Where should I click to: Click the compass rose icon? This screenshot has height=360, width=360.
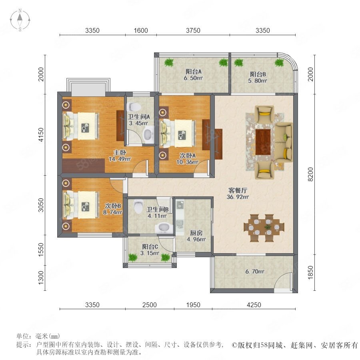(x=20, y=20)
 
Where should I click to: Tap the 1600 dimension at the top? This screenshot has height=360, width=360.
(x=141, y=30)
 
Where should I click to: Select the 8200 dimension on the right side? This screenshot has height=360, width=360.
(x=310, y=174)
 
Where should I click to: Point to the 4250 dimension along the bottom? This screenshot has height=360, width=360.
(x=254, y=305)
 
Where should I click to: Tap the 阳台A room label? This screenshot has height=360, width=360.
(x=194, y=72)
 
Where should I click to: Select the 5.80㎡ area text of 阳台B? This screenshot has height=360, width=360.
(x=258, y=81)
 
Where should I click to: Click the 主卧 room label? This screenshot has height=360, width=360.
(x=120, y=152)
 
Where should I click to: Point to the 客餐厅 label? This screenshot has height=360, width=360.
(x=238, y=190)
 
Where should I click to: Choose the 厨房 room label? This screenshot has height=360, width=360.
(x=196, y=233)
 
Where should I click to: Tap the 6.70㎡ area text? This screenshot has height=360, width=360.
(x=255, y=272)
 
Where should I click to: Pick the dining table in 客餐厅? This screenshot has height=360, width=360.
(x=264, y=228)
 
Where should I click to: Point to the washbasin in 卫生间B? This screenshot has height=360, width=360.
(x=164, y=228)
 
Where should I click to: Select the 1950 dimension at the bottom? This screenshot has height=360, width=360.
(x=193, y=305)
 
